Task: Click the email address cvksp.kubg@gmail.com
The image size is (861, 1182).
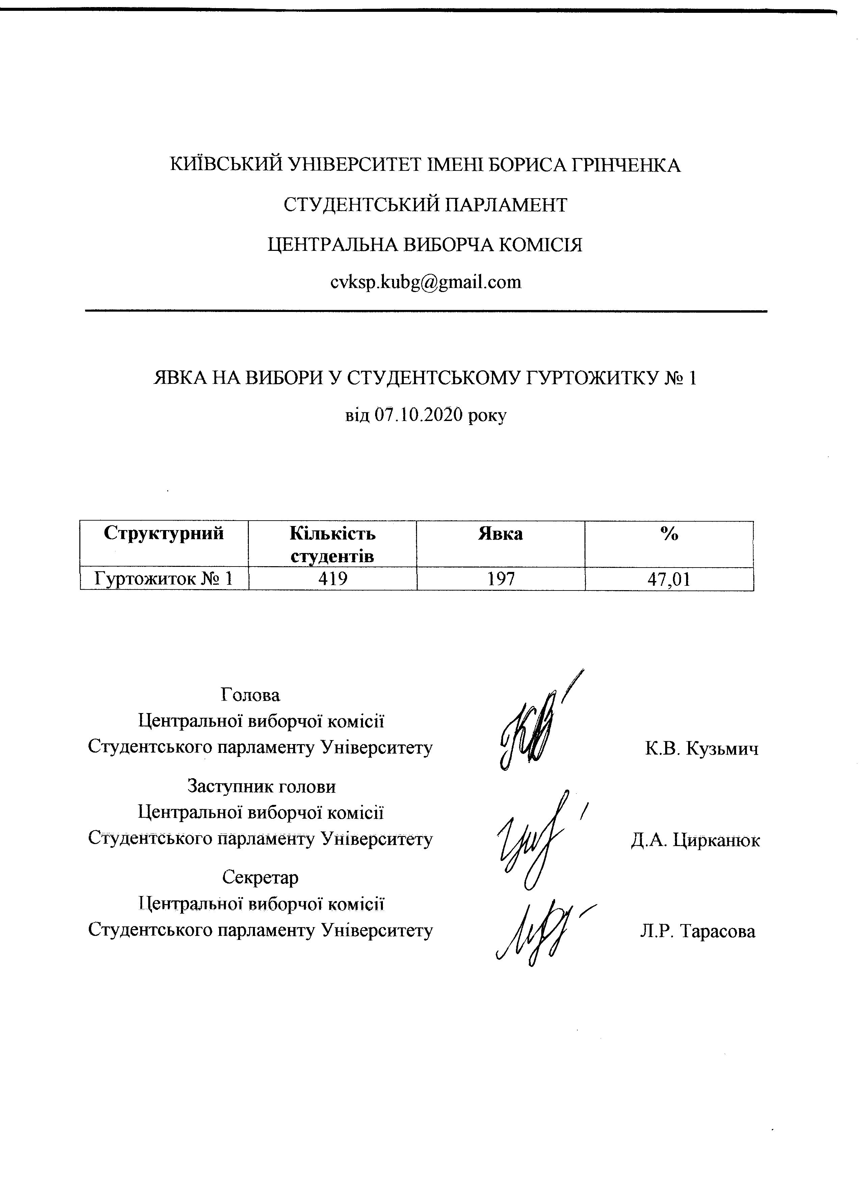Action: click(426, 282)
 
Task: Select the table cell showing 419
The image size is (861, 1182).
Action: click(333, 579)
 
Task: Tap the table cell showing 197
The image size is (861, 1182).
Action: click(501, 579)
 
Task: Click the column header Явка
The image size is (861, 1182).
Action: click(500, 534)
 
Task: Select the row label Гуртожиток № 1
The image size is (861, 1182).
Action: click(164, 579)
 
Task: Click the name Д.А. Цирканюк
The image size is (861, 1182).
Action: click(695, 840)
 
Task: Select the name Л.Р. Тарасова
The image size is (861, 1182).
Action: click(697, 931)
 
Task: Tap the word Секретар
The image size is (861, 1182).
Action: click(260, 877)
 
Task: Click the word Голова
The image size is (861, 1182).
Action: click(250, 695)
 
